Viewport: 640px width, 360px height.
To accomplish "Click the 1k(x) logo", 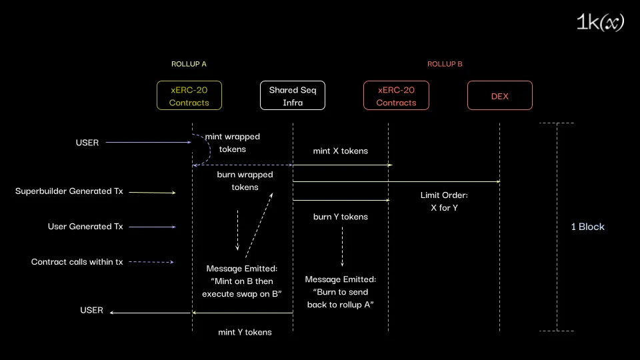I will pos(600,23).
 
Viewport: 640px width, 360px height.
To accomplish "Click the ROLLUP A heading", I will pos(189,64).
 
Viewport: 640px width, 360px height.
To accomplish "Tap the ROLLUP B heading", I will pos(445,64).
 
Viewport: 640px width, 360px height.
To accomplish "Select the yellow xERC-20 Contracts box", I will pos(189,96).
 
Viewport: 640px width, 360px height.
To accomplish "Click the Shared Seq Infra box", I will pos(293,96).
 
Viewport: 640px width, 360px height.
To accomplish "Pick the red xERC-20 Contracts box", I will pos(396,96).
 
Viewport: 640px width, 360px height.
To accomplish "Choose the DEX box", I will pos(499,96).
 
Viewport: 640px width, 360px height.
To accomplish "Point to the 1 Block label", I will pos(587,227).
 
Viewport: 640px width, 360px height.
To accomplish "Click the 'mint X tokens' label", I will pos(340,151).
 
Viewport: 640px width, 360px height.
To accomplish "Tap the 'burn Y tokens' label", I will pos(340,217).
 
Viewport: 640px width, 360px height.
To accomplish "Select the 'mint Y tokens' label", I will pos(245,332).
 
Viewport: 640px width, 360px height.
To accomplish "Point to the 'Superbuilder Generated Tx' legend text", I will pos(69,191).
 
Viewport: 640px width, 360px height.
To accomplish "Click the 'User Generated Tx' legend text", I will pos(85,227).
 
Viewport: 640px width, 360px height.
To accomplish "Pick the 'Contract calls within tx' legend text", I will pos(77,262).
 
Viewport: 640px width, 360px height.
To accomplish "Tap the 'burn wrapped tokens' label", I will pos(245,181).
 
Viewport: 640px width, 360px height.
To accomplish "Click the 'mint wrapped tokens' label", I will pos(233,143).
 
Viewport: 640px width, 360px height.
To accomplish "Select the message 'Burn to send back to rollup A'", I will pos(340,292).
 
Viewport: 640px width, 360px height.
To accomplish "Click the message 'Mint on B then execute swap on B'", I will pos(242,281).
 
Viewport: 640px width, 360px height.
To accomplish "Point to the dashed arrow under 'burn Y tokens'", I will pos(343,247).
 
